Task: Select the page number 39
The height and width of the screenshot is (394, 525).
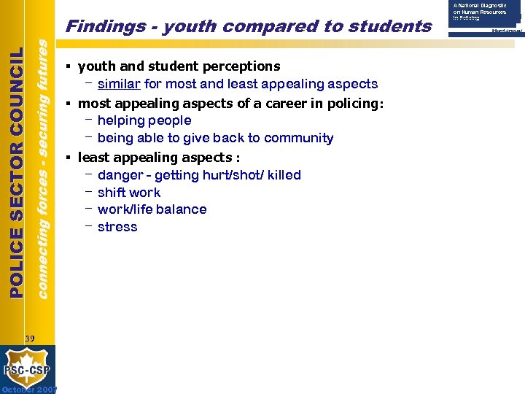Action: pyautogui.click(x=29, y=338)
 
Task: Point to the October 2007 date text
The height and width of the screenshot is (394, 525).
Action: pyautogui.click(x=28, y=389)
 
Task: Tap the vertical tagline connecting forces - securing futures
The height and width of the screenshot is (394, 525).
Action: pyautogui.click(x=43, y=168)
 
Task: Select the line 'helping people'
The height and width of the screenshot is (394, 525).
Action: pyautogui.click(x=144, y=120)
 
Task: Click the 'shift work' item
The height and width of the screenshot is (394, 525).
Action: pyautogui.click(x=129, y=193)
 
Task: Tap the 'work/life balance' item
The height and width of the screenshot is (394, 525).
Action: pyautogui.click(x=152, y=209)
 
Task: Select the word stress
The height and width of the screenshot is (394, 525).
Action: pyautogui.click(x=117, y=227)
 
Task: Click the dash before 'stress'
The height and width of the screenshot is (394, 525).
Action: pyautogui.click(x=88, y=226)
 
